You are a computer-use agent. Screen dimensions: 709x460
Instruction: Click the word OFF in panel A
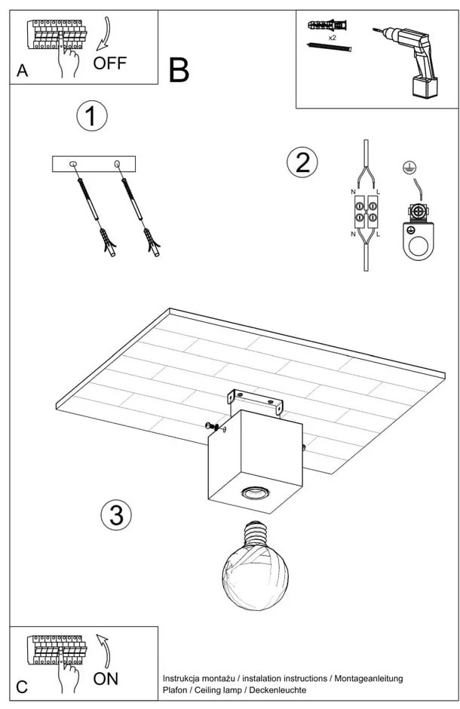[110, 63]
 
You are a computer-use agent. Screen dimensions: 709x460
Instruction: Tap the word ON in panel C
[106, 678]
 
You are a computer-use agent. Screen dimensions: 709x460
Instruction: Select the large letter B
[179, 70]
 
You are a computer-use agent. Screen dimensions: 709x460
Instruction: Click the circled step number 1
[92, 117]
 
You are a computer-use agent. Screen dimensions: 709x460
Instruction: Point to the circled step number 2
[302, 162]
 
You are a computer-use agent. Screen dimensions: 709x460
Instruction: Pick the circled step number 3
[116, 515]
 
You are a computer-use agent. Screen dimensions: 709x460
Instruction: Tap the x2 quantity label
[332, 36]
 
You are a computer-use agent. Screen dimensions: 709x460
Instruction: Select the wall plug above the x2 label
[328, 25]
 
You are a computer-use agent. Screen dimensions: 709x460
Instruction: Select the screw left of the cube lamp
[215, 428]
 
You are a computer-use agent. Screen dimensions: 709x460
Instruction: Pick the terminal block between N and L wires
[366, 214]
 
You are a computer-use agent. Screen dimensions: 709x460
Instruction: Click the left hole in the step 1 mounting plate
[73, 164]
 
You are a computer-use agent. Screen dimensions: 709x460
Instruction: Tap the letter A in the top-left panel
[22, 71]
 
